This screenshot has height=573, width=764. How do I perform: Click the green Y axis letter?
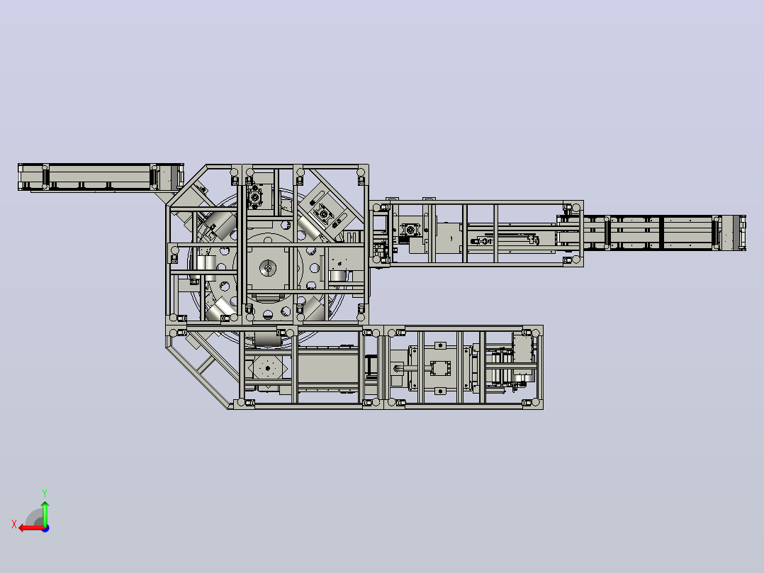coord(45,493)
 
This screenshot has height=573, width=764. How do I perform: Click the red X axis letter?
coord(14,524)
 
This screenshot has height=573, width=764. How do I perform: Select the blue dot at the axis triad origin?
coord(45,528)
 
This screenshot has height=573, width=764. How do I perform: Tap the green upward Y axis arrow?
coord(45,513)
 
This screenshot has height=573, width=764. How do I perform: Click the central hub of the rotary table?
coord(267,268)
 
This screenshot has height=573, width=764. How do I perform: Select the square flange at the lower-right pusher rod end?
coord(440,368)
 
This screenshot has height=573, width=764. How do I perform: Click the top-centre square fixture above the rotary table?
coord(255,196)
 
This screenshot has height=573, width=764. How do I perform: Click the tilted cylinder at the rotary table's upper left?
coord(221,225)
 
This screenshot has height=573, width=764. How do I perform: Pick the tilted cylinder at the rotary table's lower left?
coord(220,308)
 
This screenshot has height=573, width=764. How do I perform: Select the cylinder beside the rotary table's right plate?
coord(338,277)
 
